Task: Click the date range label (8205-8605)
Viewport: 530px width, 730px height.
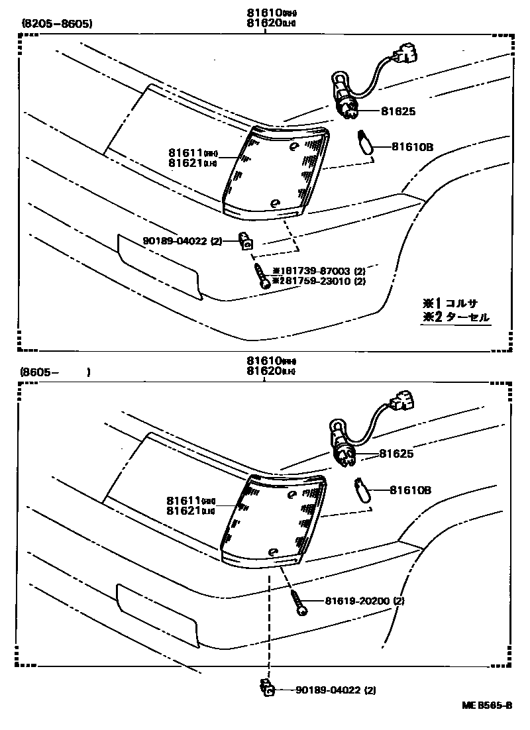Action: pyautogui.click(x=57, y=25)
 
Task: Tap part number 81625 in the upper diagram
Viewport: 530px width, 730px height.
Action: pyautogui.click(x=398, y=112)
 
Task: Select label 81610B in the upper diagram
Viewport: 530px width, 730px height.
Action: pyautogui.click(x=411, y=147)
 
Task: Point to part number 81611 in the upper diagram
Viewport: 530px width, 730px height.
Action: pyautogui.click(x=186, y=152)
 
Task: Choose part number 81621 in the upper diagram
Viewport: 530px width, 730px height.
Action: pyautogui.click(x=186, y=163)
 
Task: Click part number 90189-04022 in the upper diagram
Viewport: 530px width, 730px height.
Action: pyautogui.click(x=174, y=242)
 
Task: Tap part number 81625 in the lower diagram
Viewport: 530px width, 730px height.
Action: pyautogui.click(x=396, y=454)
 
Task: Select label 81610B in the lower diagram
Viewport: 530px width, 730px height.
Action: pyautogui.click(x=410, y=491)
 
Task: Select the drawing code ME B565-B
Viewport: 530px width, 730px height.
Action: pyautogui.click(x=487, y=705)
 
